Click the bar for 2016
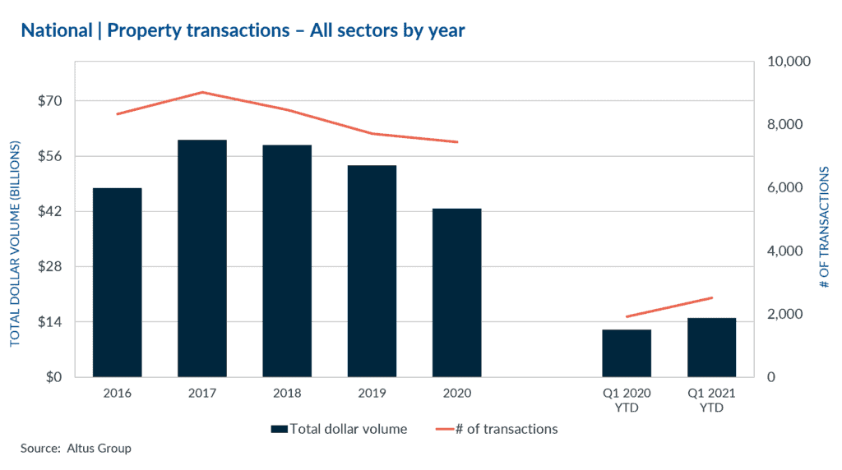click(117, 283)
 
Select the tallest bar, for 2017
click(201, 259)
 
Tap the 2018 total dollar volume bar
click(287, 261)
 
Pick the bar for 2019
click(372, 271)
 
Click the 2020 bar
click(456, 293)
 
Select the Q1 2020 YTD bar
click(627, 353)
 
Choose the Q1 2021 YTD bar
click(711, 348)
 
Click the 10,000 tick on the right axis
click(789, 62)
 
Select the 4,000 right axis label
click(785, 251)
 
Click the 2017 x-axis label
click(201, 394)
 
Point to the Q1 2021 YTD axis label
click(711, 401)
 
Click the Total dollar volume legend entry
click(339, 429)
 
